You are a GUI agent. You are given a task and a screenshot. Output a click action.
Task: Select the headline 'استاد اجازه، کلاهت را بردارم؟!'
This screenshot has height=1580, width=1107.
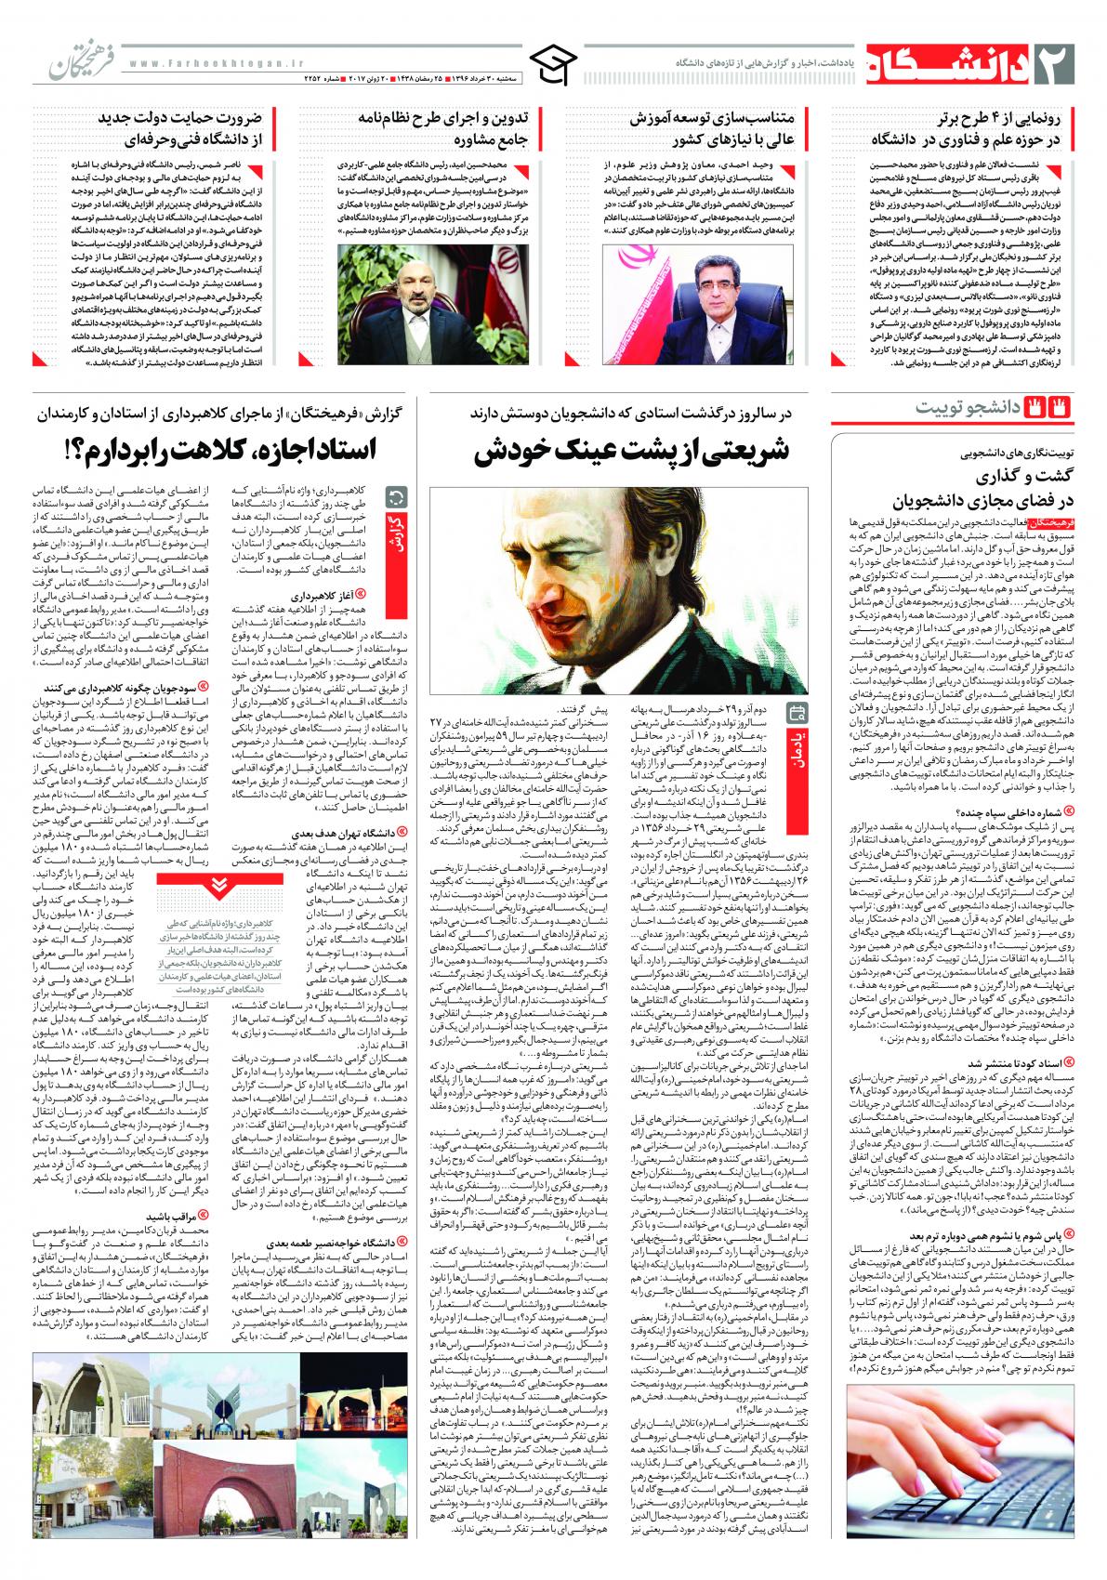tap(218, 452)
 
